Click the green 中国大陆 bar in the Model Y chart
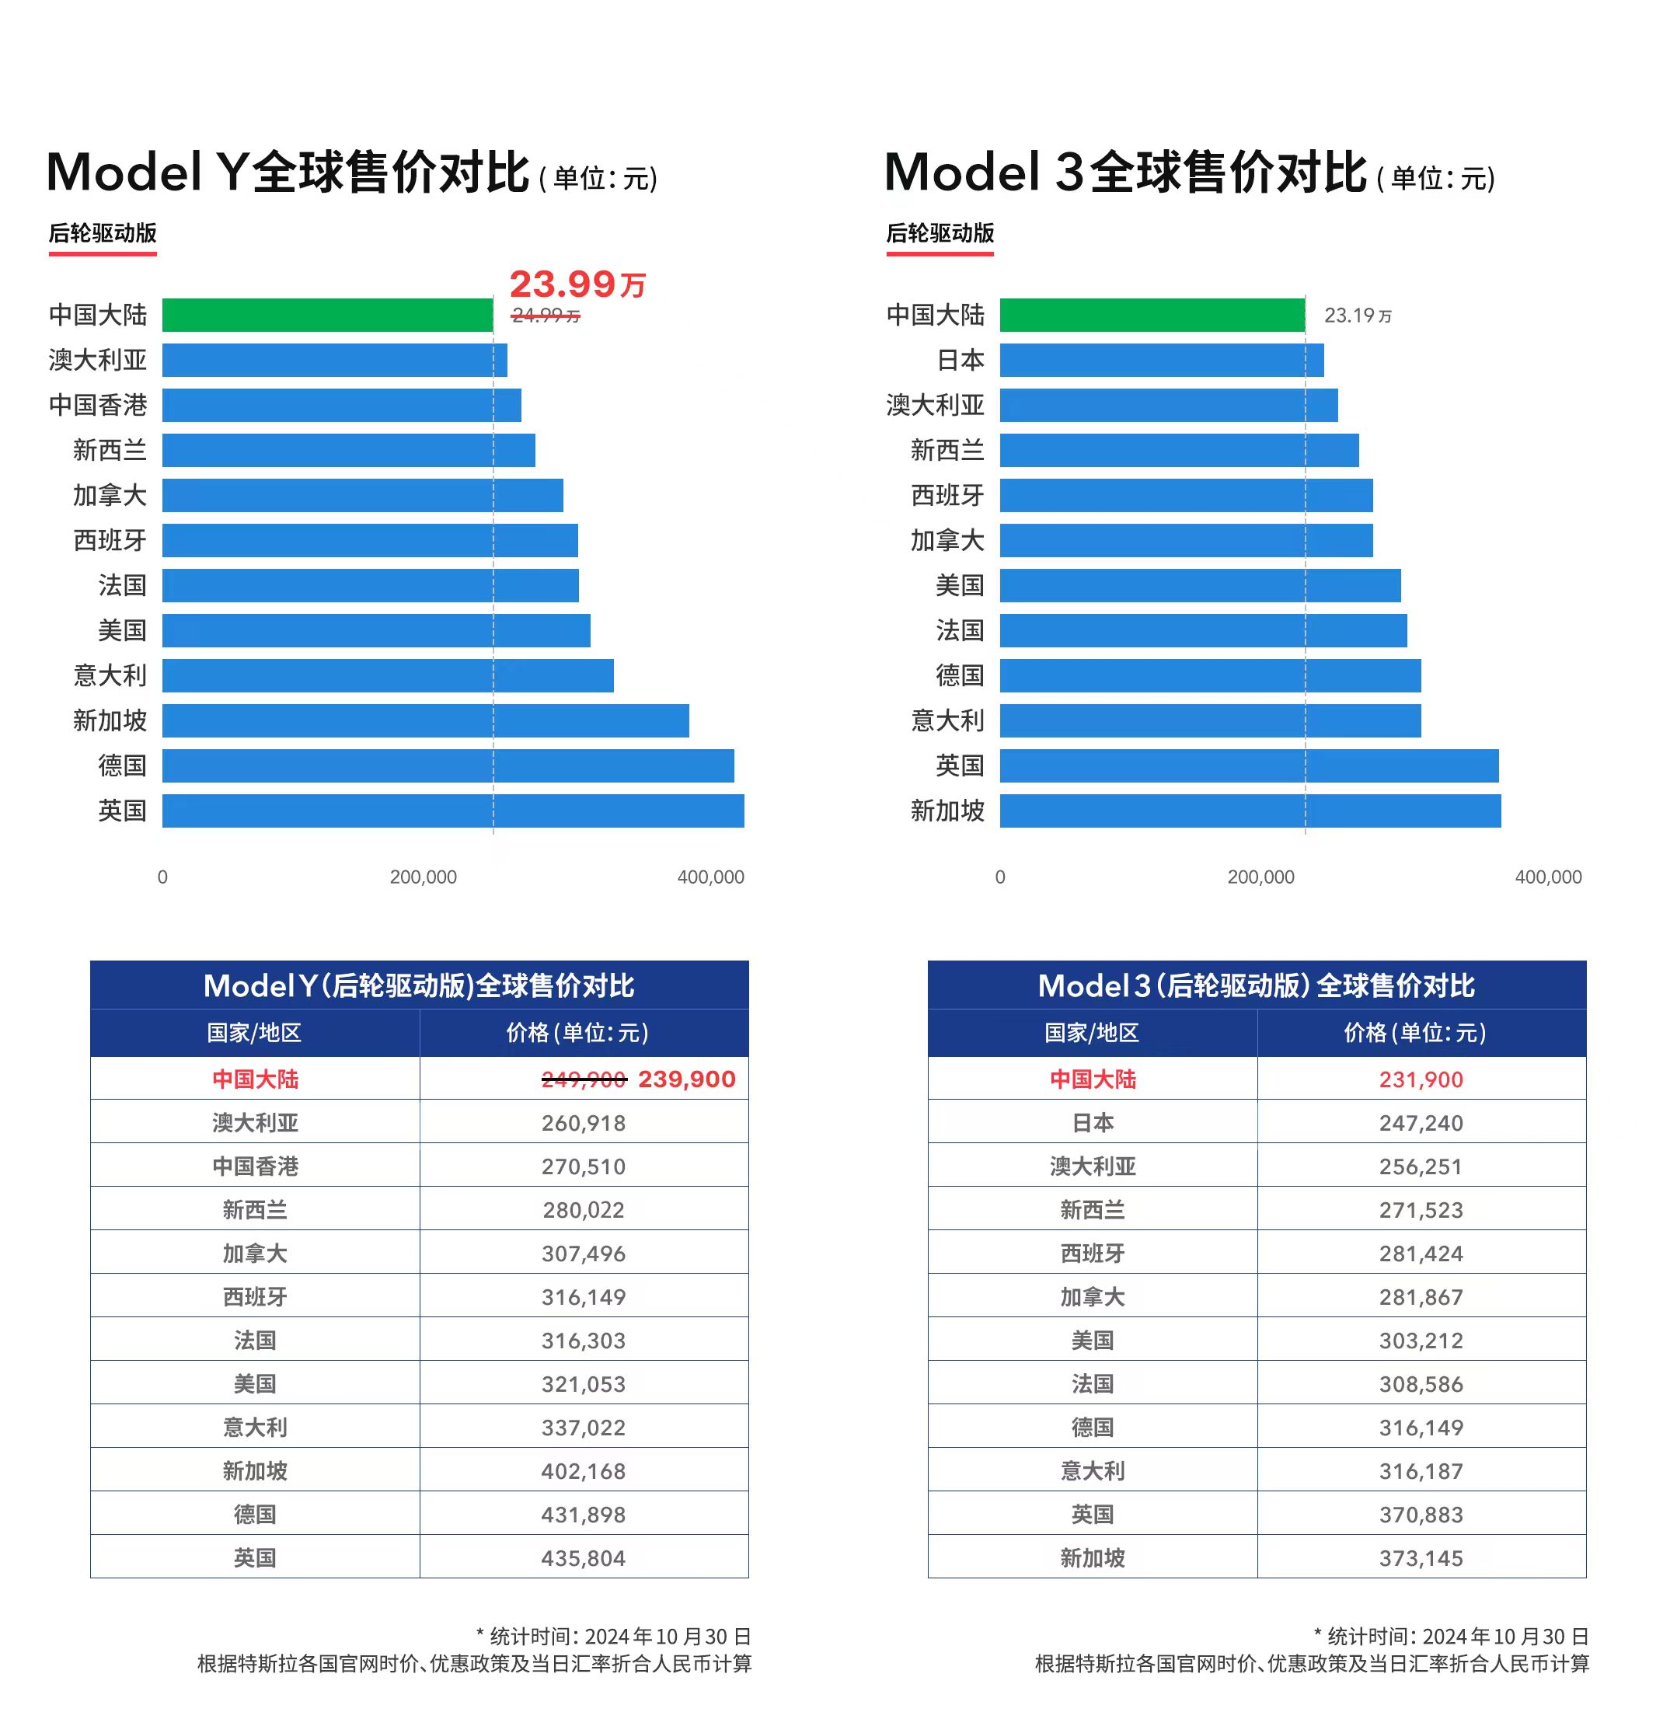click(327, 315)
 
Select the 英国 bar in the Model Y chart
click(452, 811)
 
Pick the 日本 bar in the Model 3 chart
click(1161, 360)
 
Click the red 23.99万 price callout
click(577, 284)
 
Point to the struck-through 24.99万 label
click(546, 316)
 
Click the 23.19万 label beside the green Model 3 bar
click(1357, 316)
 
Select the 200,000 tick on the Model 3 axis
click(1260, 877)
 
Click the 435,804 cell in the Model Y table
click(584, 1559)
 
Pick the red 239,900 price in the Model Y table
click(687, 1079)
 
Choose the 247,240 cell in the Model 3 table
click(1421, 1123)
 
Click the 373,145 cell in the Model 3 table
click(1421, 1559)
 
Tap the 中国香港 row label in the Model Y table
click(255, 1166)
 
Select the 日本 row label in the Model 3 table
click(1092, 1123)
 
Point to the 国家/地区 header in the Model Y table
click(255, 1033)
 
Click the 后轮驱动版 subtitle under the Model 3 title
click(940, 233)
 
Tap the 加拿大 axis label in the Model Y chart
click(110, 495)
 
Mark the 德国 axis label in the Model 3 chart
click(959, 675)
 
